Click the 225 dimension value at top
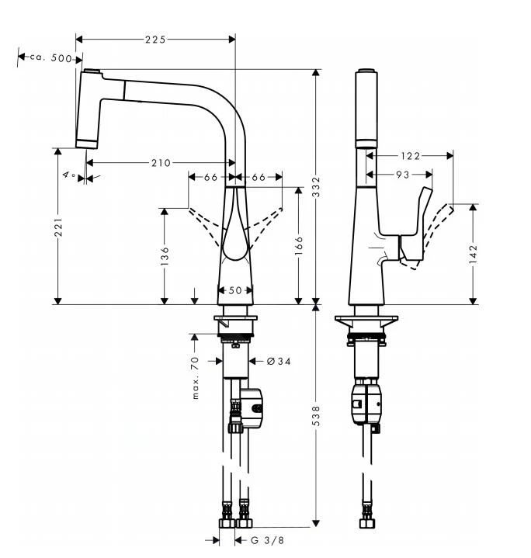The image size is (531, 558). [156, 38]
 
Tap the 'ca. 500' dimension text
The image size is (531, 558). [50, 58]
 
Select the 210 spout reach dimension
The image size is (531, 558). [160, 162]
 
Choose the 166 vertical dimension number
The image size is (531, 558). [299, 245]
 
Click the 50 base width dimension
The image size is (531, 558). [236, 290]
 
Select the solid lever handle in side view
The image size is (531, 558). [415, 232]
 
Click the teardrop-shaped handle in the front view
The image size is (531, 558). [235, 233]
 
